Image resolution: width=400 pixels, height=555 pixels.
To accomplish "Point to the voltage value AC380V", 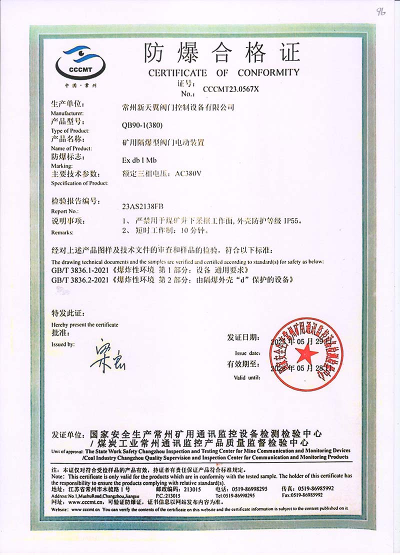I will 190,174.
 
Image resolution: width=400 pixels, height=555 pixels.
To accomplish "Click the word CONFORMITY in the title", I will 268,72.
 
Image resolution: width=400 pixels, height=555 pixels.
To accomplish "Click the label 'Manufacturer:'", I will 68,113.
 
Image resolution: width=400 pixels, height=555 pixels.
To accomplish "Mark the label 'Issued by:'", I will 63,344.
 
